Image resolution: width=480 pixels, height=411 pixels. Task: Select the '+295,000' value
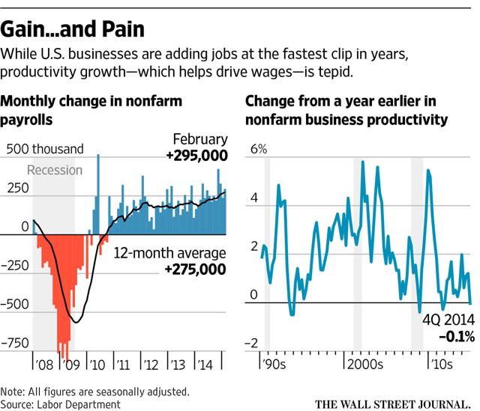point(193,156)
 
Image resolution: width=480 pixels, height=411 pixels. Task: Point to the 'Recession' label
point(54,170)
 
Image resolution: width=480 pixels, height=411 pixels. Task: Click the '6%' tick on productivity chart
point(258,149)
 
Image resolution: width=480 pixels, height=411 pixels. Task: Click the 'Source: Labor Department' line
point(61,404)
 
